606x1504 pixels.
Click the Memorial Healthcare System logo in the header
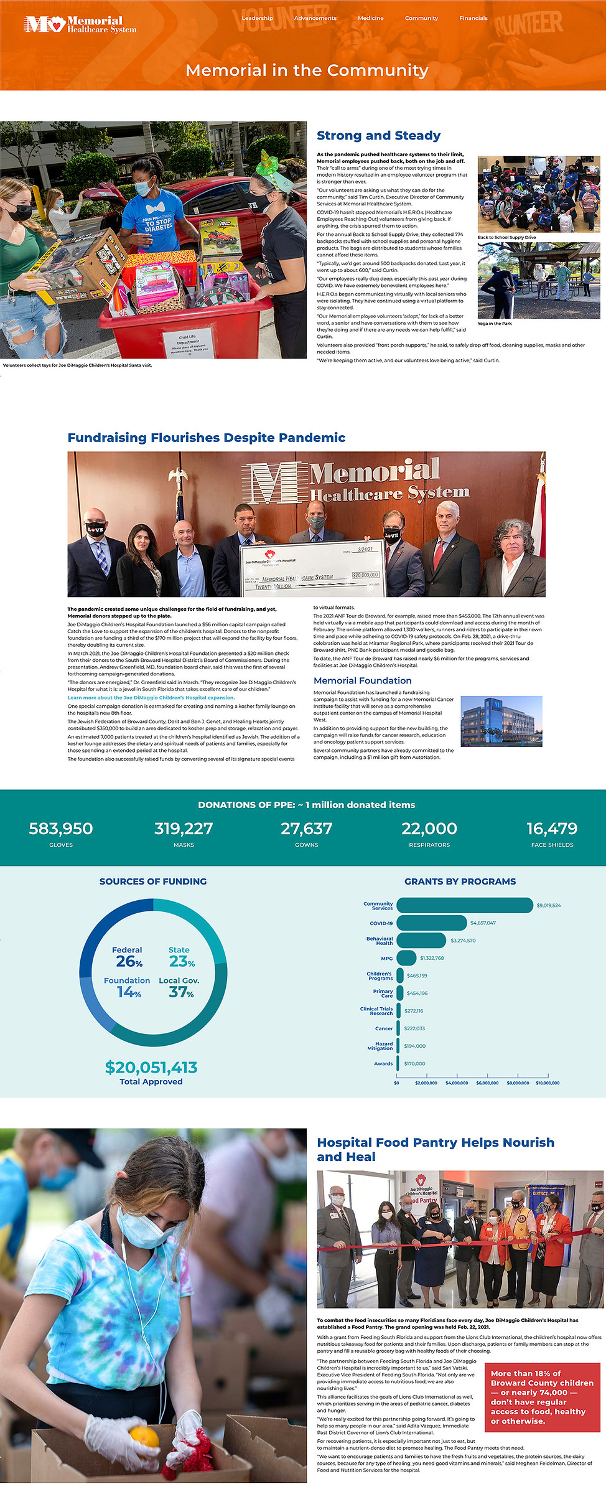(x=80, y=25)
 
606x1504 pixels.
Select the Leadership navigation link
(x=257, y=18)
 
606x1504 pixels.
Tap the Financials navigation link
(x=473, y=18)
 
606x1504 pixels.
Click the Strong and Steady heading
(x=378, y=136)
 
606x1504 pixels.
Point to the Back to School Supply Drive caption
(x=506, y=237)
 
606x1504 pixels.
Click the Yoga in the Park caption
(x=495, y=323)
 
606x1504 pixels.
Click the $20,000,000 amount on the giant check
(x=365, y=575)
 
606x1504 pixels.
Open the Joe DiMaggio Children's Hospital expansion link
(x=151, y=697)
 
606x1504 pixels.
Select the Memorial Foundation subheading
(x=362, y=680)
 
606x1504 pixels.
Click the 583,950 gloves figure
(x=61, y=829)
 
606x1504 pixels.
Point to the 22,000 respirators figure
(x=429, y=829)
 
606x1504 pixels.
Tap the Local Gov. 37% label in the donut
(x=180, y=987)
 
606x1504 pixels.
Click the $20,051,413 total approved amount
(x=151, y=1067)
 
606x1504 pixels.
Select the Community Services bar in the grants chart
(x=464, y=905)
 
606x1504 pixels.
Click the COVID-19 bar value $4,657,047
(x=483, y=923)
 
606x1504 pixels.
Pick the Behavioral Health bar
(x=421, y=940)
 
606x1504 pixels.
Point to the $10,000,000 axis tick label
(x=548, y=1083)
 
